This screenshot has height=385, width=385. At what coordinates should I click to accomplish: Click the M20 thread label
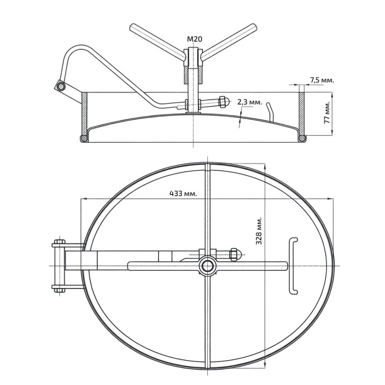pyautogui.click(x=194, y=39)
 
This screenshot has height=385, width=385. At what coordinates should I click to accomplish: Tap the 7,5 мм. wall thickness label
pyautogui.click(x=322, y=80)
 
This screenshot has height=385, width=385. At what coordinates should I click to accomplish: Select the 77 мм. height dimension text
pyautogui.click(x=328, y=112)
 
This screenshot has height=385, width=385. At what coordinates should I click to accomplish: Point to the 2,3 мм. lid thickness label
pyautogui.click(x=250, y=102)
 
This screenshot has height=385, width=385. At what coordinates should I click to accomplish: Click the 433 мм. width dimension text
pyautogui.click(x=183, y=194)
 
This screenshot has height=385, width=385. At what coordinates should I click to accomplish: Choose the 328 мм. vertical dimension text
pyautogui.click(x=259, y=230)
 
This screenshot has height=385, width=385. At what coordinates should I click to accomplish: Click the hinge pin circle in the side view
pyautogui.click(x=60, y=86)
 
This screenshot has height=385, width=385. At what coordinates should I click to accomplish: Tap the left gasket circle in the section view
pyautogui.click(x=84, y=139)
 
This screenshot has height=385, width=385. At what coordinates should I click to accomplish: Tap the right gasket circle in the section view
pyautogui.click(x=301, y=139)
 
